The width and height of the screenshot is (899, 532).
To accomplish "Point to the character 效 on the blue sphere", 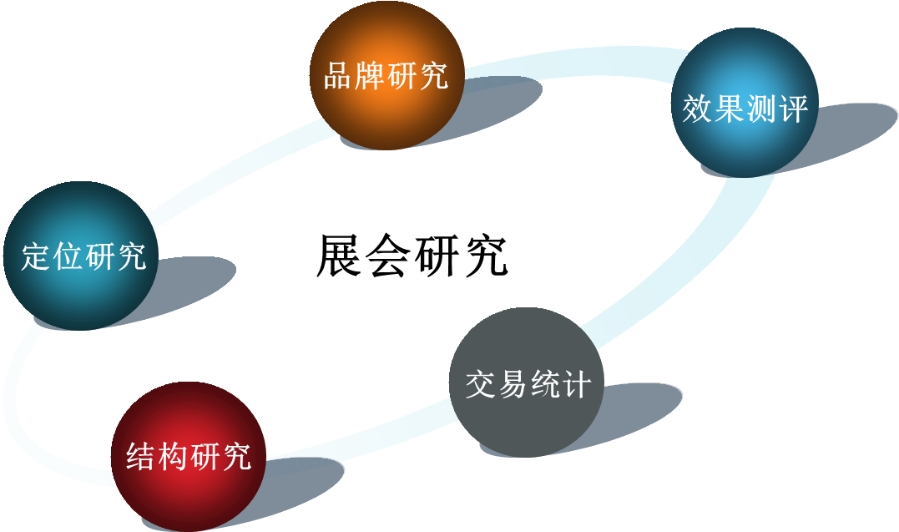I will tap(698, 108).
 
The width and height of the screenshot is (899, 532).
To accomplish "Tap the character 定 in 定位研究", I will tap(37, 256).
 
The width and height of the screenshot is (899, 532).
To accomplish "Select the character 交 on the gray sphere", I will tap(482, 385).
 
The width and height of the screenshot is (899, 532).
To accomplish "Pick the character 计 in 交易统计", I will tap(576, 385).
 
